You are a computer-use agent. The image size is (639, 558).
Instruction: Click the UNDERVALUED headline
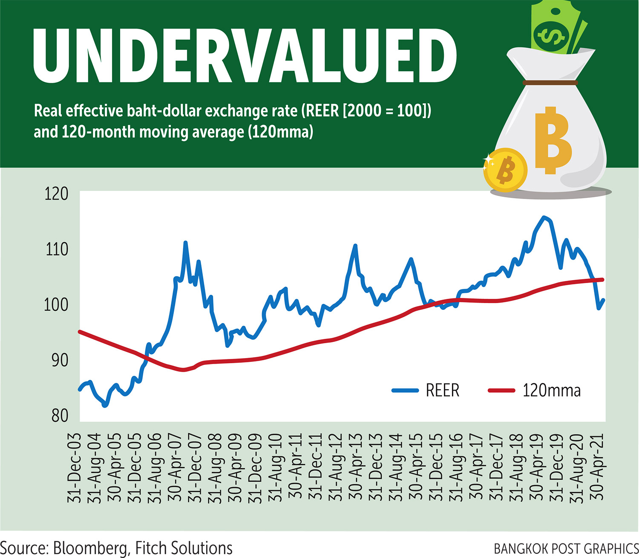click(x=245, y=56)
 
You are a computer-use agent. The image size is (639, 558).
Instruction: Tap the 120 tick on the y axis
click(x=56, y=194)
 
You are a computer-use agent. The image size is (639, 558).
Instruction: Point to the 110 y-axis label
click(x=56, y=249)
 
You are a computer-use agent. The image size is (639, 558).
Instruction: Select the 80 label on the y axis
click(x=60, y=415)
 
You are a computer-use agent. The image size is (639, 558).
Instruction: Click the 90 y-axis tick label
click(x=60, y=360)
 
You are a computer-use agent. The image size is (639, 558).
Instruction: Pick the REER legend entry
click(x=426, y=390)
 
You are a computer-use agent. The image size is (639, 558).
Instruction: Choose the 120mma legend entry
click(x=534, y=390)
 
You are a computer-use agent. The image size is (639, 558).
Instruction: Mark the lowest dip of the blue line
click(x=105, y=406)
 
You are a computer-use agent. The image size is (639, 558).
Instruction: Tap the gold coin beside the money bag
click(x=505, y=170)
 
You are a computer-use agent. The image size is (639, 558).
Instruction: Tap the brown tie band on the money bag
click(x=550, y=82)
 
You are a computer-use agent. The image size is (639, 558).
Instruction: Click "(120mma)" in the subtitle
click(x=281, y=131)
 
